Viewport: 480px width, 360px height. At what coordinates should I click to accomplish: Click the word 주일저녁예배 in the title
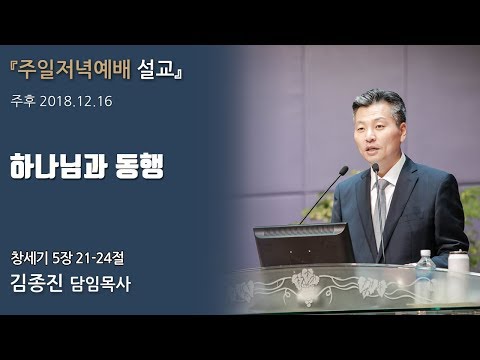pos(84,74)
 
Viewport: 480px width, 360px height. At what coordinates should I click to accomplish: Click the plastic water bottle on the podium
pos(425,264)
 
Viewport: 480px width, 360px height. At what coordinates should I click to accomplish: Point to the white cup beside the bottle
pos(458,262)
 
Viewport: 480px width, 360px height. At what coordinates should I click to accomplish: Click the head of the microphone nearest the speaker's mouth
pos(375,169)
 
